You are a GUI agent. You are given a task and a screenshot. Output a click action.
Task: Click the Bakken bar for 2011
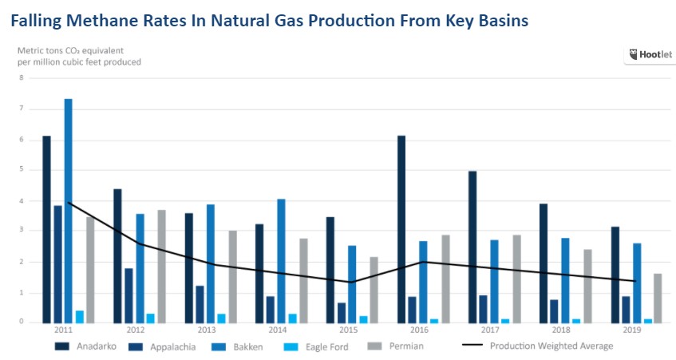tap(69, 211)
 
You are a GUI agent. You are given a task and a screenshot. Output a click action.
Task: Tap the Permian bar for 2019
tap(658, 298)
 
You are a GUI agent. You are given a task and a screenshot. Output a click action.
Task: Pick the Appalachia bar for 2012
tap(128, 295)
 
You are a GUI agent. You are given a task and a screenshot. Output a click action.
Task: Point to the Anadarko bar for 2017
tap(472, 247)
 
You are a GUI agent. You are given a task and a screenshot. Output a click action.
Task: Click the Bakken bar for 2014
tap(281, 260)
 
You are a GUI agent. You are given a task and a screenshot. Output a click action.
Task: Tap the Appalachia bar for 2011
tap(57, 263)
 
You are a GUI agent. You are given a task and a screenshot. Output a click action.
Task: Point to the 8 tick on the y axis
tap(22, 78)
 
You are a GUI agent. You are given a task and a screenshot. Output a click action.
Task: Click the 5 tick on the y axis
tap(22, 170)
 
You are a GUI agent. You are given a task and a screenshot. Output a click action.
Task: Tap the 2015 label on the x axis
tap(348, 329)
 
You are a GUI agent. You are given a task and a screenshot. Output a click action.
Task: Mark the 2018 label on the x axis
tap(562, 329)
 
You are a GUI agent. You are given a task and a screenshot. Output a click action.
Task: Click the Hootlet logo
tap(649, 55)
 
